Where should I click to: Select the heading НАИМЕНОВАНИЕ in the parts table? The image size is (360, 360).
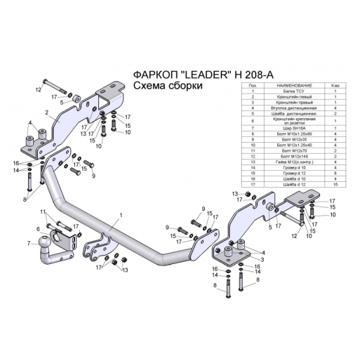point(290,86)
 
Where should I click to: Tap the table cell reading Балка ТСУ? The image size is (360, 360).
point(290,91)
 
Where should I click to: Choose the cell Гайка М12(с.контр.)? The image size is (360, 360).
point(290,161)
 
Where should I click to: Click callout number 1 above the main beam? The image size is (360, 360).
point(121,214)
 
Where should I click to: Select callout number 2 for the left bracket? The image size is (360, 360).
point(46,112)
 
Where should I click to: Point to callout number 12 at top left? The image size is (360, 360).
point(37,90)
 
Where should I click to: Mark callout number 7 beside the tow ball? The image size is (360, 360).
point(28,243)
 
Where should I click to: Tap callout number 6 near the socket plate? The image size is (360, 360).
point(38,229)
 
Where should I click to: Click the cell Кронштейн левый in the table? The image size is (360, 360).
point(290,97)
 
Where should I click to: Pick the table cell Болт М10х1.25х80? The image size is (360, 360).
point(290,134)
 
